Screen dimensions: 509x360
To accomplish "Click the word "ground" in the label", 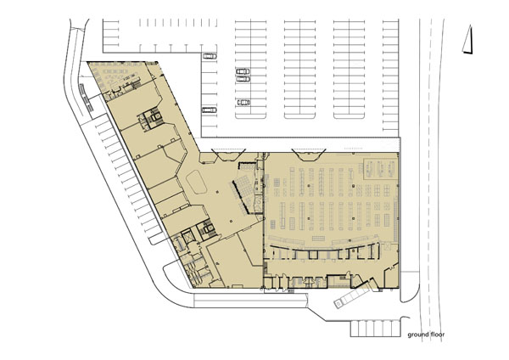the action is (417, 335).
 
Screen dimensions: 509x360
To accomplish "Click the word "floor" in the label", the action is (437, 335).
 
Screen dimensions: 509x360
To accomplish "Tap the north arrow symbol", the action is (467, 39).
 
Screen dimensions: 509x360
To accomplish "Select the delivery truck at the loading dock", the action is (351, 296).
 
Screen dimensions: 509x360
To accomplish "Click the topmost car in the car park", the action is (210, 56).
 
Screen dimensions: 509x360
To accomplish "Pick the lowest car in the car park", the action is (210, 110).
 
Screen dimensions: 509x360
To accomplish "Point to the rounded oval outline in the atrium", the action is (197, 182).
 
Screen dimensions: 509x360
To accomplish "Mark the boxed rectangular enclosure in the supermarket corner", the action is (380, 169).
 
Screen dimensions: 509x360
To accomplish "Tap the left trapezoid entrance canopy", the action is (229, 155).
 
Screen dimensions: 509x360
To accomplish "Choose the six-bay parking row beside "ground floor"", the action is (375, 329).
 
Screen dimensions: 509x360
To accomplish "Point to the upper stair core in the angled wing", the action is (151, 119).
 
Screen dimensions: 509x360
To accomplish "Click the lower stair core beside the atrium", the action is (207, 228).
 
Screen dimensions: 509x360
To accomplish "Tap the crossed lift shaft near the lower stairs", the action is (187, 236).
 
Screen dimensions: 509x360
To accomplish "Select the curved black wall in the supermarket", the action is (325, 250).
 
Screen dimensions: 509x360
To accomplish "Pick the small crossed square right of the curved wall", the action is (387, 247).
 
